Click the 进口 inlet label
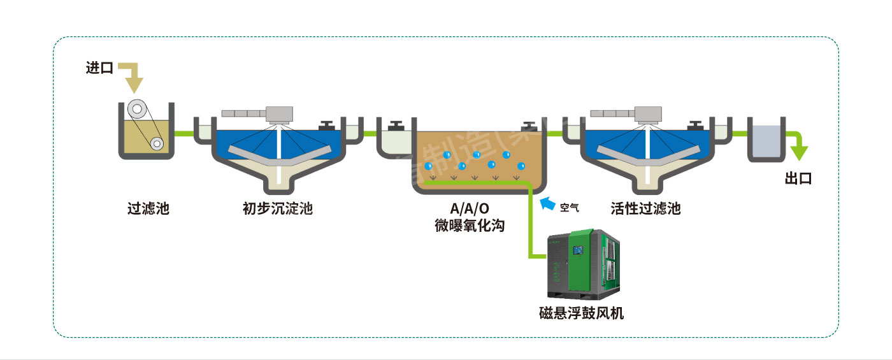coord(99,68)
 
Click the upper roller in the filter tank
coord(136,110)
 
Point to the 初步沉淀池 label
coord(278,208)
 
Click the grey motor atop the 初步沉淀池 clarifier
coord(278,113)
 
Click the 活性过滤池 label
coord(645,208)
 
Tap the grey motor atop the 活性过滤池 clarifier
coord(647,113)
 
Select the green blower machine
coord(584,264)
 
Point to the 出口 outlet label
coord(798,178)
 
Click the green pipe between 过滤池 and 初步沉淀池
coord(183,134)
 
